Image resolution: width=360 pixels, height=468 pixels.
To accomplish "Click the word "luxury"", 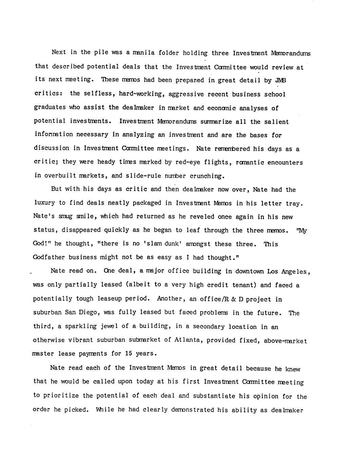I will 44,203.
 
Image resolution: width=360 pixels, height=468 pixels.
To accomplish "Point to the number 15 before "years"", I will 128,353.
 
